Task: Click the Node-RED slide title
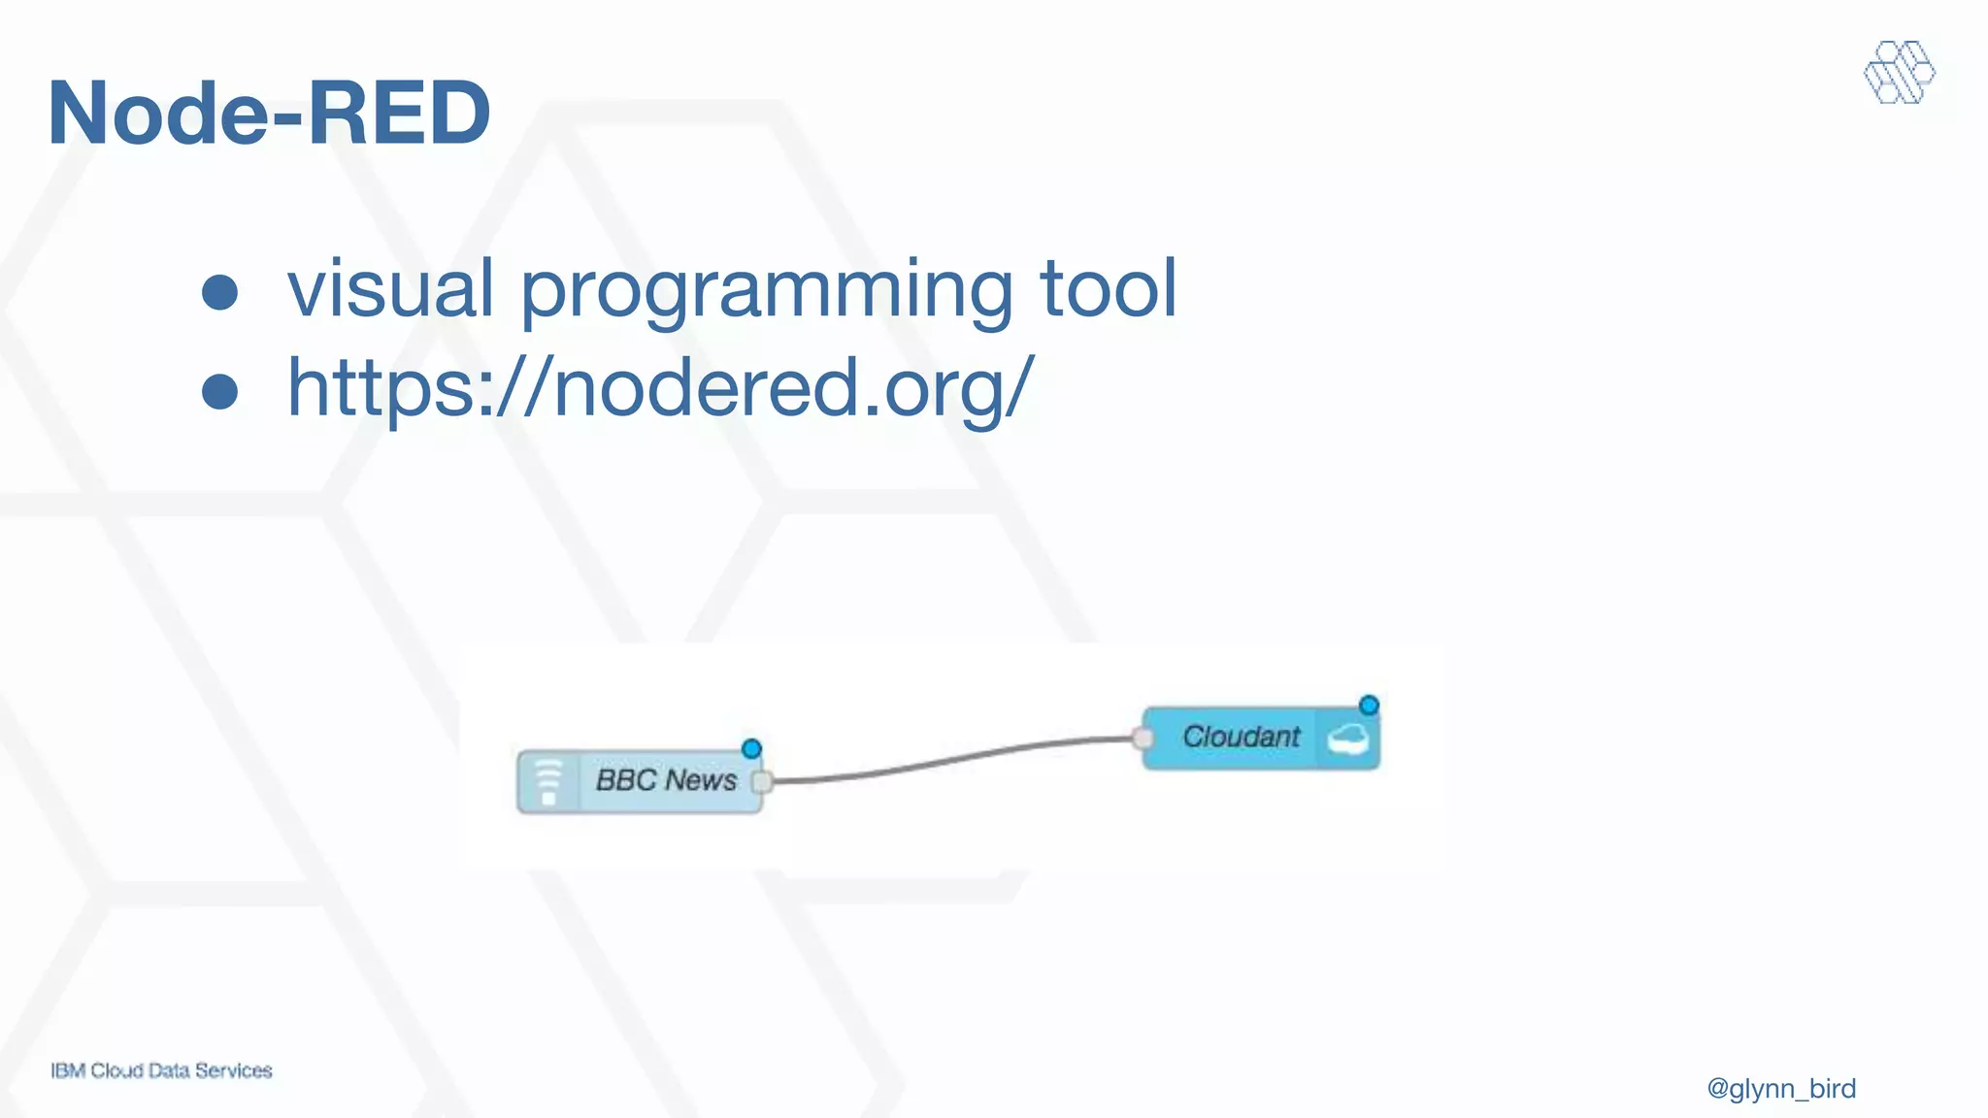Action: [269, 114]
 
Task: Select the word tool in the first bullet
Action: [1109, 288]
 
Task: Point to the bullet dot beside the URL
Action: [220, 391]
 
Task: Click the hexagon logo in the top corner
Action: [1899, 73]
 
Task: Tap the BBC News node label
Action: [666, 780]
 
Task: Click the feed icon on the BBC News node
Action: [548, 782]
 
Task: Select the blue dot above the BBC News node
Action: [751, 749]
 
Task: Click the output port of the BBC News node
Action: [762, 781]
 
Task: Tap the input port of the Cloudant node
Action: [1143, 740]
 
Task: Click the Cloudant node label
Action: [1241, 738]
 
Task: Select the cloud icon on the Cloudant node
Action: [1348, 740]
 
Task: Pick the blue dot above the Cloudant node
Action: [1369, 706]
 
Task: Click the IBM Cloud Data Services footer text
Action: [161, 1071]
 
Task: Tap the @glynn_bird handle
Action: [1781, 1089]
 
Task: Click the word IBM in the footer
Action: [68, 1071]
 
